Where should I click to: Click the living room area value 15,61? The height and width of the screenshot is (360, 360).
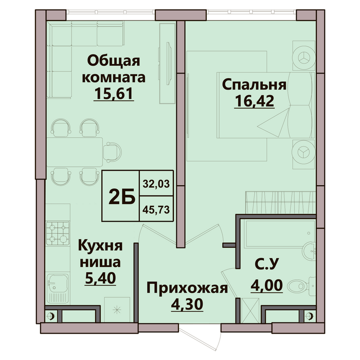tap(114, 94)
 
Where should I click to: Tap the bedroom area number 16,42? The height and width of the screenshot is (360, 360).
tap(254, 101)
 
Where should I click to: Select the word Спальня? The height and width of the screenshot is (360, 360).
tap(254, 84)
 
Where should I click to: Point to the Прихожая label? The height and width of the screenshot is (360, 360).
tap(187, 288)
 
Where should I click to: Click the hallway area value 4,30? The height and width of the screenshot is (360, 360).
tap(187, 304)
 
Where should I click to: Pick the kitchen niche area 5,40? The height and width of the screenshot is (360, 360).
tap(100, 279)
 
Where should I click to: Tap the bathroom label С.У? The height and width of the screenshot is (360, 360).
tap(266, 263)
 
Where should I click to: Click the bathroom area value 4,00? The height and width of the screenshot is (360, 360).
tap(266, 285)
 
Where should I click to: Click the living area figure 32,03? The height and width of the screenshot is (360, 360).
tap(156, 184)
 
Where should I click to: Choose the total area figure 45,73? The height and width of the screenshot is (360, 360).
tap(156, 209)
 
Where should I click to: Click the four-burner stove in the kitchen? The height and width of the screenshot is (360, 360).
tap(58, 233)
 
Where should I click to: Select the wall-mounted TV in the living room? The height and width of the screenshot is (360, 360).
tap(169, 62)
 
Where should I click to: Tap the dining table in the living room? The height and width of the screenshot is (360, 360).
tap(75, 152)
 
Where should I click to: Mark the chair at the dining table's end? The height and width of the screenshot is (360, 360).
tap(112, 152)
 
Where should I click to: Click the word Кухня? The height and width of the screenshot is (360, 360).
tap(100, 246)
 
